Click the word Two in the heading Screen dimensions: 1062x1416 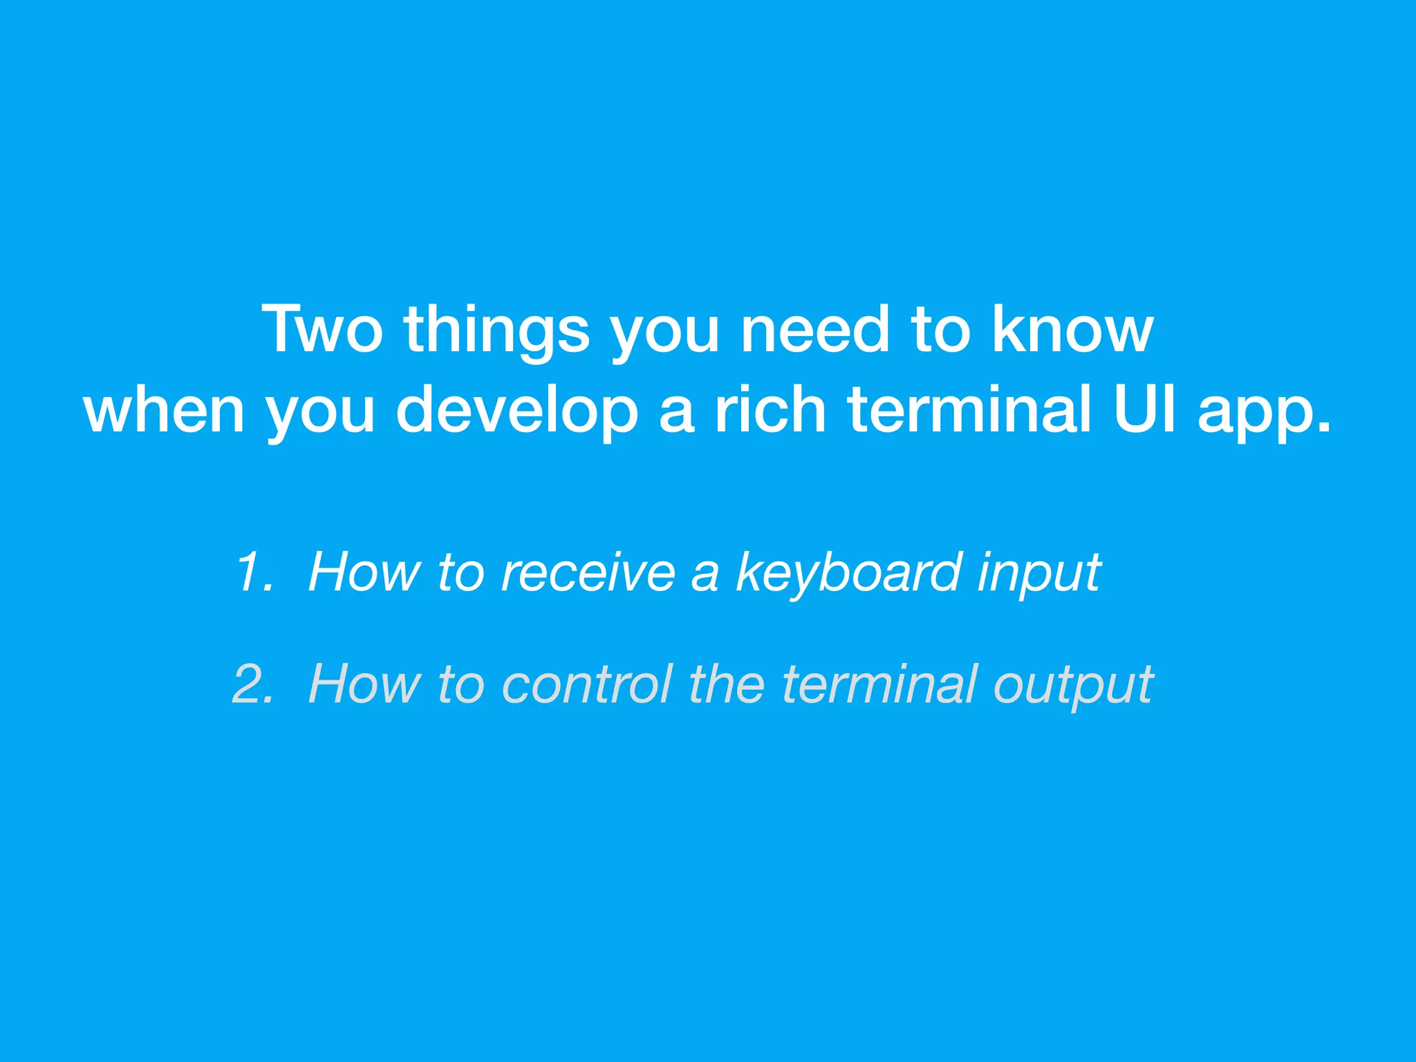tap(322, 330)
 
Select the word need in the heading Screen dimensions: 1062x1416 tap(814, 330)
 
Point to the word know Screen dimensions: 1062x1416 tap(1072, 330)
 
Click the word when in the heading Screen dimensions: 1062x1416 tap(164, 411)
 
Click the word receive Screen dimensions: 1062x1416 tap(588, 572)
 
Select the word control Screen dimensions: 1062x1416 tap(587, 684)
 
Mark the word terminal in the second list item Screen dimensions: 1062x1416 tap(879, 684)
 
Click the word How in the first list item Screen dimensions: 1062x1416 tap(364, 572)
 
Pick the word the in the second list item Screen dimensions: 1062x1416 tap(727, 684)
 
